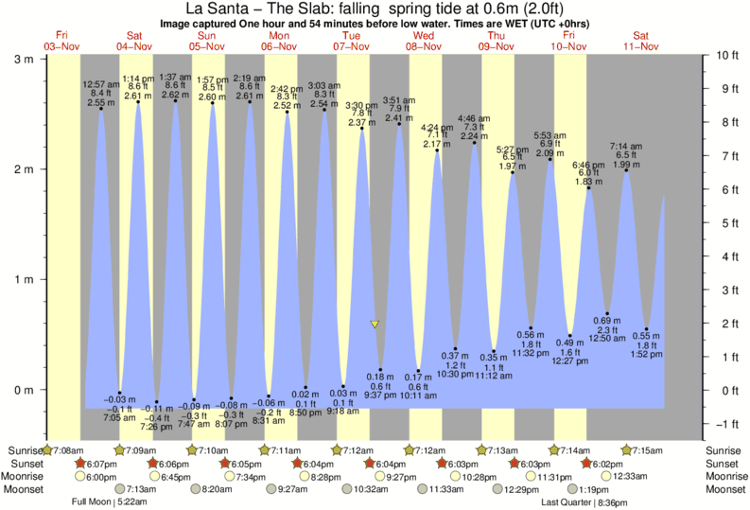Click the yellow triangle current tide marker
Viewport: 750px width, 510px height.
pos(375,325)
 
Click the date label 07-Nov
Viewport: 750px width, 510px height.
pos(352,45)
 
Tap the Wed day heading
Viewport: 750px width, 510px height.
pos(423,35)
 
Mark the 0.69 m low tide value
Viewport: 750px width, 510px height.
pos(606,321)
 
